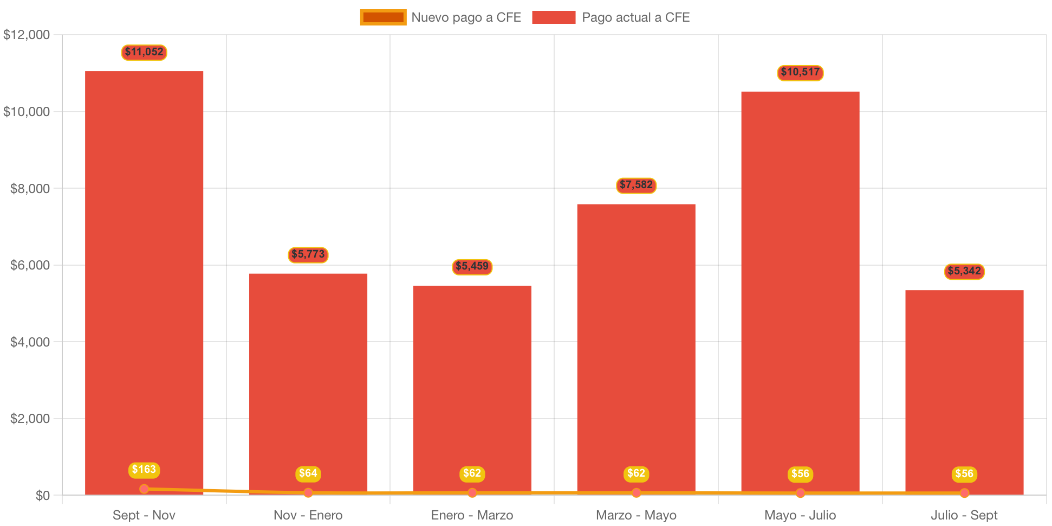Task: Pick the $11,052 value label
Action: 144,52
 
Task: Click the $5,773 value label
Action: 308,254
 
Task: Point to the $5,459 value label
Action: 472,266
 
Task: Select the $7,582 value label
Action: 636,185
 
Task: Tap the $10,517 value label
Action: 800,72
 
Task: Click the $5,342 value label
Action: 964,271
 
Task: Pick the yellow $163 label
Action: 144,470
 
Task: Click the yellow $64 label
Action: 308,473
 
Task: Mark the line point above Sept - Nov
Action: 144,489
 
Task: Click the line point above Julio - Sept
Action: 964,493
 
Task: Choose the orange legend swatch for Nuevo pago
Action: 383,17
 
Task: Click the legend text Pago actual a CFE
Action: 635,17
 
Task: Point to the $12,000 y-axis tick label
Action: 27,35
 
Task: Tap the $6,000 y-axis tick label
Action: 30,265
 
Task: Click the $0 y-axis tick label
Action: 42,496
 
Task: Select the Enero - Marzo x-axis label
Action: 472,515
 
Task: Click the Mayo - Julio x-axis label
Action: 800,515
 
